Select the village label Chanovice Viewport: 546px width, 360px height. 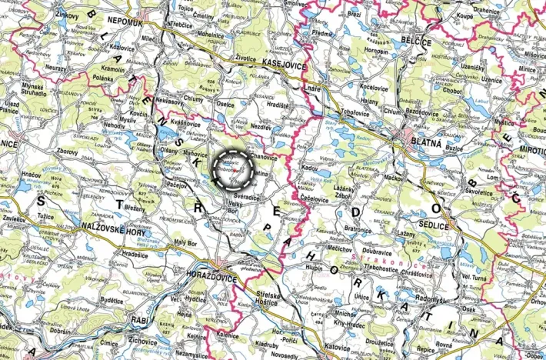pos(264,157)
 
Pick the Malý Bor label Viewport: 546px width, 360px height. pos(187,245)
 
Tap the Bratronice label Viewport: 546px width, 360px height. pos(357,228)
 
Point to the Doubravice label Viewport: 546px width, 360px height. pos(378,250)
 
